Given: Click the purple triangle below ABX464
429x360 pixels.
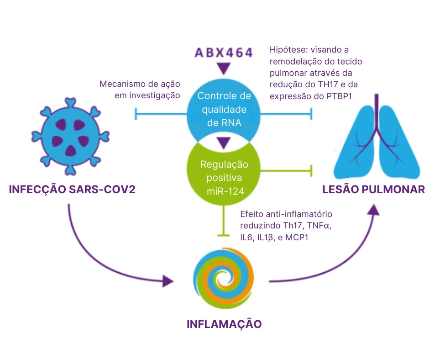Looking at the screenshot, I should [223, 69].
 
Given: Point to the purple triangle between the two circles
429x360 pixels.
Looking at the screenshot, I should [223, 143].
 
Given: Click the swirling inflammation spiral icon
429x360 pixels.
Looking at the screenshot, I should [223, 277].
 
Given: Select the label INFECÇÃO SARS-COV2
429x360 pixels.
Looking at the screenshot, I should [72, 190].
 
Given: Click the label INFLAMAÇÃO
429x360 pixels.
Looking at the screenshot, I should [224, 324].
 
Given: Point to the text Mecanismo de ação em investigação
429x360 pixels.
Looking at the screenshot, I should [140, 90].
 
